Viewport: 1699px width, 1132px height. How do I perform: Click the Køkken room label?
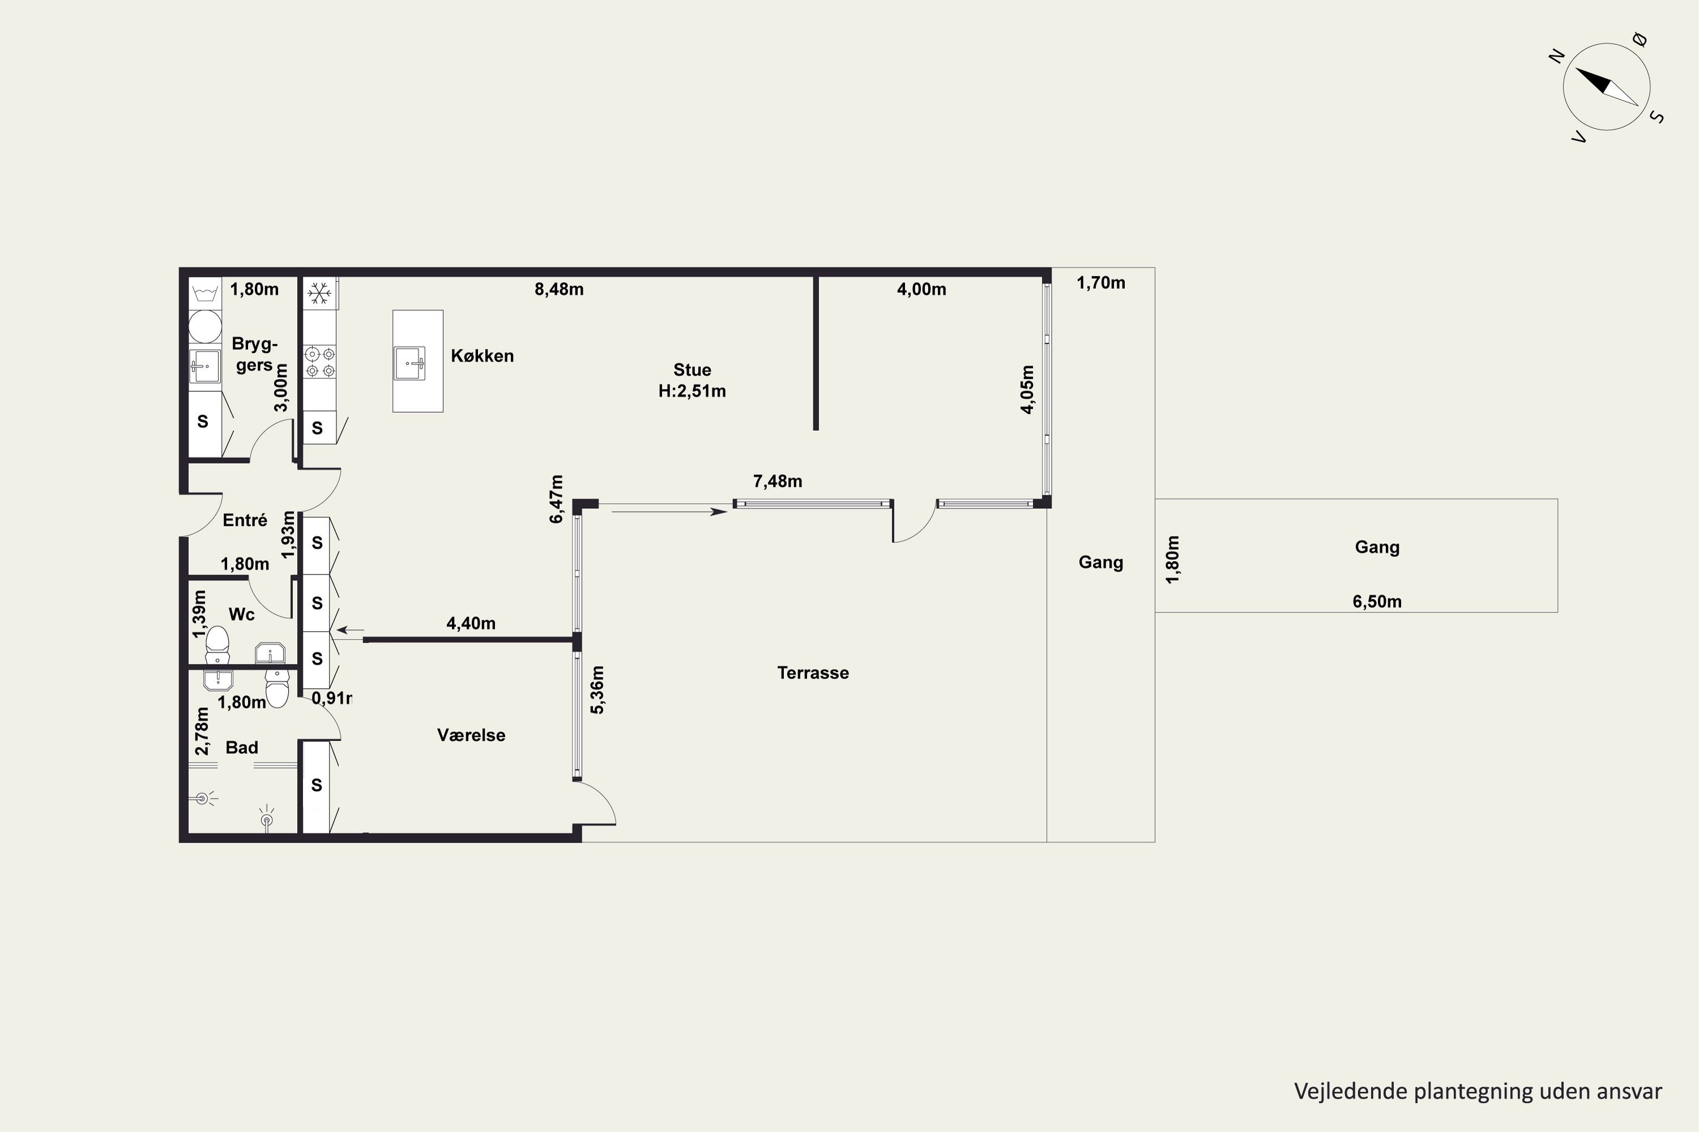click(482, 355)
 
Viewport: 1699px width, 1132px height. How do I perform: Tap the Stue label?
click(692, 370)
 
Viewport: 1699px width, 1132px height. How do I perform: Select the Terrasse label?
click(813, 673)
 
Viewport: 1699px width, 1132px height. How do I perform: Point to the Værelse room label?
click(471, 735)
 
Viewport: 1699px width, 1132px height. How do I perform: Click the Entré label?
click(245, 520)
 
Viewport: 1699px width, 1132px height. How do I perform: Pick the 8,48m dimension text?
click(559, 289)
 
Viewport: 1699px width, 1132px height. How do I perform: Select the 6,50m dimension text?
click(1377, 601)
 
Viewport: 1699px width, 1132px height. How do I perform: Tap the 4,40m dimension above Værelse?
click(471, 623)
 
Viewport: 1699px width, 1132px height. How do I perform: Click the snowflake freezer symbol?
click(319, 293)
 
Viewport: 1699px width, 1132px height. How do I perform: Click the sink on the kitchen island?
click(409, 362)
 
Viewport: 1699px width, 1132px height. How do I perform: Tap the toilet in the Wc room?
click(217, 645)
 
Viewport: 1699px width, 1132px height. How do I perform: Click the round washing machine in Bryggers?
click(205, 327)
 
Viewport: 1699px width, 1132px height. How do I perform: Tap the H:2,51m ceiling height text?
click(692, 391)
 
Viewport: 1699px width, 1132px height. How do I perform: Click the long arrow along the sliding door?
click(669, 512)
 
